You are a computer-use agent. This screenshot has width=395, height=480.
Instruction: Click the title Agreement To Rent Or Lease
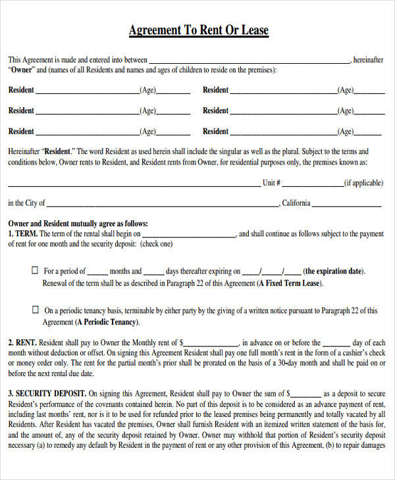tap(198, 31)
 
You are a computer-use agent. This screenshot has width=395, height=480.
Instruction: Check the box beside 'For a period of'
tap(35, 270)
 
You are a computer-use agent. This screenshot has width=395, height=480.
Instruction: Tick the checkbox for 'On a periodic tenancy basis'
tap(35, 310)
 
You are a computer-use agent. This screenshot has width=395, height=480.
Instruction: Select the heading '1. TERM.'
tap(23, 233)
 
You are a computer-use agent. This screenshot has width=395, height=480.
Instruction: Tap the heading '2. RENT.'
tap(22, 343)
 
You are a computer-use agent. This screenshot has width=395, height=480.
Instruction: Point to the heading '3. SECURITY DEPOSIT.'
tap(47, 393)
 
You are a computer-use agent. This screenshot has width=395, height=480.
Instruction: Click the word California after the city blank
tap(296, 203)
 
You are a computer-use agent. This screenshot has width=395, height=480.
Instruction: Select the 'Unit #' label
tap(272, 183)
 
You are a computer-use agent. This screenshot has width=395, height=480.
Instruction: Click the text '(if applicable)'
tap(363, 183)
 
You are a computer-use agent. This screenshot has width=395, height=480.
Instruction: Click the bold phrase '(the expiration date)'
tap(334, 271)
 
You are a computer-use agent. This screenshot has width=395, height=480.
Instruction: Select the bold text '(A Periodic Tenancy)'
tap(107, 322)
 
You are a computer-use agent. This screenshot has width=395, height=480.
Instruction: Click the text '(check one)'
tap(156, 243)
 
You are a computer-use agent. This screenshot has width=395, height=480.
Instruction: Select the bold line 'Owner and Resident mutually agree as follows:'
tap(78, 224)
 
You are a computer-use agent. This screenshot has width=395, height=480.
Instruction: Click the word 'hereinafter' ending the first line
tap(368, 60)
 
